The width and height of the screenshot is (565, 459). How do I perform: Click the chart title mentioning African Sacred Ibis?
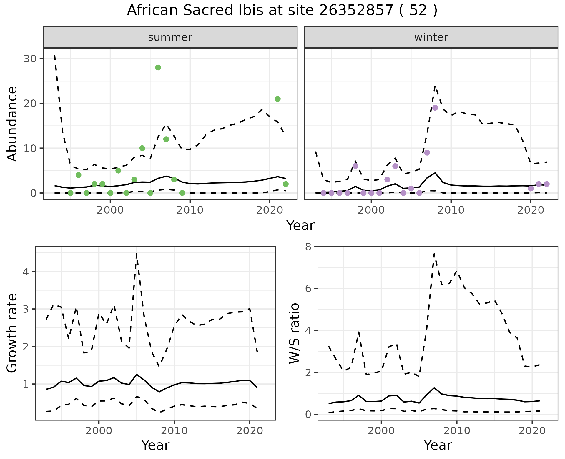tap(282, 11)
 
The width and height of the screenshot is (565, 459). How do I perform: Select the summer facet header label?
tap(170, 37)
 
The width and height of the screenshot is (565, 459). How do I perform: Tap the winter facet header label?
tap(431, 37)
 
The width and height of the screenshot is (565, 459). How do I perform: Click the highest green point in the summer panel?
tap(158, 68)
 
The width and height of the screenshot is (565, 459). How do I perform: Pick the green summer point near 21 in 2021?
tap(277, 99)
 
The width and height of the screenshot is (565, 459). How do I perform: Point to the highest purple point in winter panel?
tap(435, 108)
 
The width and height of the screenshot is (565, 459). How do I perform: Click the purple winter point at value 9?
tap(427, 153)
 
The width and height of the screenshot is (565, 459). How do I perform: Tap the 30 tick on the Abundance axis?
tap(30, 59)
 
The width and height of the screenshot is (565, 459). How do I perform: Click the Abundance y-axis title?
tap(12, 124)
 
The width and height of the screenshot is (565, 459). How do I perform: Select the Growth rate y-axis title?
tap(12, 333)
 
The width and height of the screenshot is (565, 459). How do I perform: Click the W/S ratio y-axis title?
tap(294, 333)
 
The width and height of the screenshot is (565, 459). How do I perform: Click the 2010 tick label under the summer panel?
tap(190, 210)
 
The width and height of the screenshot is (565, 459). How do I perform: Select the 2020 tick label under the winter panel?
tap(530, 210)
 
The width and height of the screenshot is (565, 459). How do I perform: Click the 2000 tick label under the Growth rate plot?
tap(99, 431)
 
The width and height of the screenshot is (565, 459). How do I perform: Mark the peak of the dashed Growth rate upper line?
tap(137, 254)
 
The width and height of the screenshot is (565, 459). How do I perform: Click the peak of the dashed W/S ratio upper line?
tap(434, 254)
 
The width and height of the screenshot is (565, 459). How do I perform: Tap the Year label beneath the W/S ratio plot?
tap(438, 445)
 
